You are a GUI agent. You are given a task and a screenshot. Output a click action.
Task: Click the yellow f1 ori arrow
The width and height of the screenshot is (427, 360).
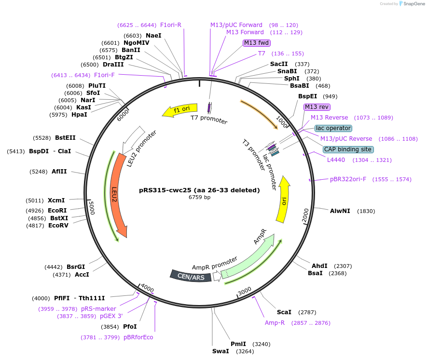pyautogui.click(x=179, y=111)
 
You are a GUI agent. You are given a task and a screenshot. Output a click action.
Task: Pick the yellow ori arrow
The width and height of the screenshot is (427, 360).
pyautogui.click(x=283, y=200)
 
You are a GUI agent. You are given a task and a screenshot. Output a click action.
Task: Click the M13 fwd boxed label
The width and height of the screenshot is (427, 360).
pyautogui.click(x=257, y=43)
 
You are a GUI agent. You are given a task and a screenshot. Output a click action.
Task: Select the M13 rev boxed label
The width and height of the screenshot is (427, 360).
pyautogui.click(x=317, y=107)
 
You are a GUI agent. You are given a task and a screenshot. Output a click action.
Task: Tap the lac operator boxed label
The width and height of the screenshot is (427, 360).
pyautogui.click(x=333, y=128)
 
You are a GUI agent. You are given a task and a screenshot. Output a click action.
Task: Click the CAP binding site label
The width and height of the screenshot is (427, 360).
pyautogui.click(x=347, y=149)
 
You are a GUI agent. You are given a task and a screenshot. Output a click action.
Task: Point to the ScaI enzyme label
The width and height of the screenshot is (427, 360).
pyautogui.click(x=284, y=312)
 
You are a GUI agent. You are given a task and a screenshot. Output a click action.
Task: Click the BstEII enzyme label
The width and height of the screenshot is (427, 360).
pyautogui.click(x=65, y=138)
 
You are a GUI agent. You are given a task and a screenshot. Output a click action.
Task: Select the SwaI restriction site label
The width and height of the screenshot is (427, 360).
pyautogui.click(x=220, y=351)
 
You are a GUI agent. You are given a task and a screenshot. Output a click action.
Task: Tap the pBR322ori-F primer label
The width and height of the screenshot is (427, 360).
pyautogui.click(x=348, y=179)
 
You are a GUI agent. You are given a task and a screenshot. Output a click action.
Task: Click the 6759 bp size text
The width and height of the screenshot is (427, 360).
pyautogui.click(x=199, y=197)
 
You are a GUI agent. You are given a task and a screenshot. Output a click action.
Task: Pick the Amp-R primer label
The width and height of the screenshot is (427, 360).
pyautogui.click(x=275, y=322)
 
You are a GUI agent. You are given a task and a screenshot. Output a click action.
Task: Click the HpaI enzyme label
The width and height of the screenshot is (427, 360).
pyautogui.click(x=79, y=115)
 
